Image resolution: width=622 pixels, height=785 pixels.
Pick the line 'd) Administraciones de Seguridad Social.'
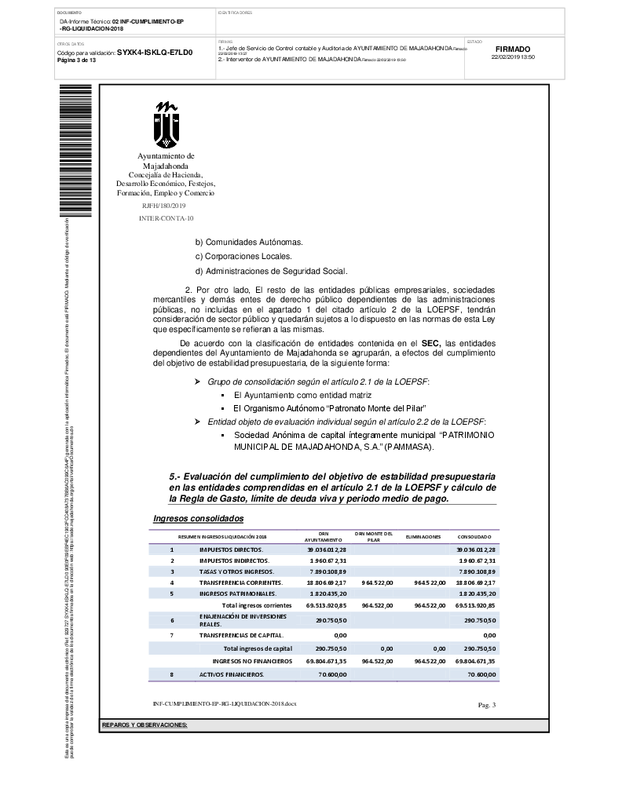coord(271,271)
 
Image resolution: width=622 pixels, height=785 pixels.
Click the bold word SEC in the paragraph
coord(429,343)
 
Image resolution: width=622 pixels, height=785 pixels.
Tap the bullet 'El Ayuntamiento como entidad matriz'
coord(302,394)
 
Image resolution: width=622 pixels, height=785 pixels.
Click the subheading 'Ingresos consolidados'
coord(199,519)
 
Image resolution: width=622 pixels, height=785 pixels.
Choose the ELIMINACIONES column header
coord(423,536)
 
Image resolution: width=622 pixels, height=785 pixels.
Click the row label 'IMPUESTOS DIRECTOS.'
coord(231,549)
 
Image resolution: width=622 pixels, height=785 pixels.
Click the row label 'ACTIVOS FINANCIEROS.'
coord(232,674)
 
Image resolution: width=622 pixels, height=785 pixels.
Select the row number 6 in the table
coord(171,621)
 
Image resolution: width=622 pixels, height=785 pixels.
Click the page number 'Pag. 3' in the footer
coord(487,705)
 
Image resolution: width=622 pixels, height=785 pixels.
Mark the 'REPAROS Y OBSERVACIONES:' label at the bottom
coord(145,724)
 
